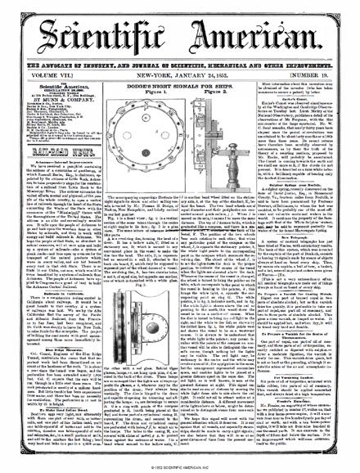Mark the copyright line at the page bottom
tap(180, 467)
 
